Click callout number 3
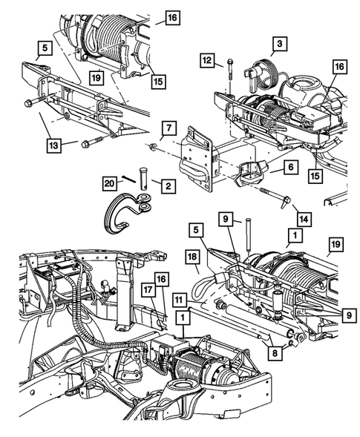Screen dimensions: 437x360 click(x=279, y=45)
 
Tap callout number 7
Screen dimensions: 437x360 click(x=169, y=127)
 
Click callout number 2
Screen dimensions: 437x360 click(x=169, y=185)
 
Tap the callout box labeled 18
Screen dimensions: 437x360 click(x=191, y=256)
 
